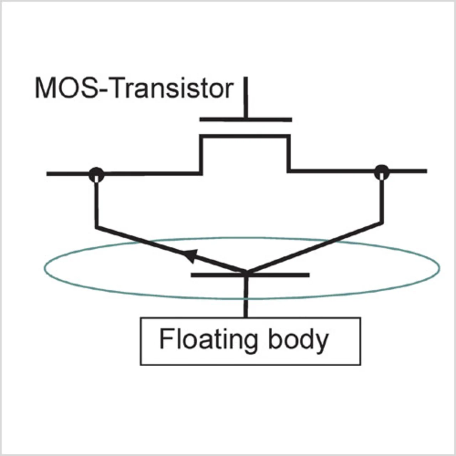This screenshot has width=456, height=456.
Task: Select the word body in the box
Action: click(298, 340)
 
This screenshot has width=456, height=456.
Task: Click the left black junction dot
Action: click(97, 174)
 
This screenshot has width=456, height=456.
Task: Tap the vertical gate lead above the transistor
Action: click(245, 98)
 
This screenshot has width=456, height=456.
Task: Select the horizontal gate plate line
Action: click(245, 120)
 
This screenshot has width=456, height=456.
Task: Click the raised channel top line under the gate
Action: click(245, 136)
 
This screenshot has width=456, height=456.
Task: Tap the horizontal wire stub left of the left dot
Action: click(68, 174)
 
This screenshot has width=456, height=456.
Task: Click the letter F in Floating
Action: click(164, 339)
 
